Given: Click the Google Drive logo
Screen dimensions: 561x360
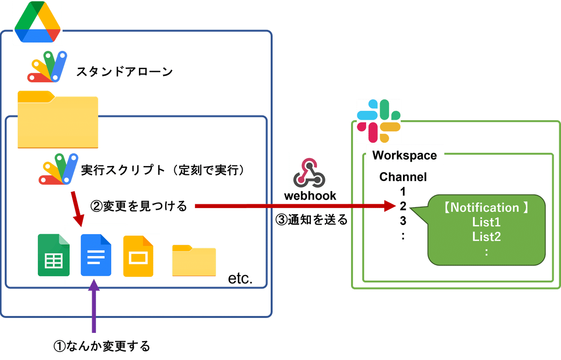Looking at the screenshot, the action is pos(37,22).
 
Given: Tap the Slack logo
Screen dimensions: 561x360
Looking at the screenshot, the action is pos(378,121).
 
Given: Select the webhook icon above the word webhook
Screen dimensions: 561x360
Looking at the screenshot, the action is pos(309,173).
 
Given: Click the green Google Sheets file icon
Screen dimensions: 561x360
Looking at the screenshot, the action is pos(54,255).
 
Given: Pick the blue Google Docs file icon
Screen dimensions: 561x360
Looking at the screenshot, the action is pos(96,255).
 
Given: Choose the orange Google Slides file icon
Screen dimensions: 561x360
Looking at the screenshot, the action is pos(138,256).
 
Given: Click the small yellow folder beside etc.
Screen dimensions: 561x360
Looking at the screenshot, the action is pos(194,260).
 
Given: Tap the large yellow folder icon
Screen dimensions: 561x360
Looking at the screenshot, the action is pos(58,120).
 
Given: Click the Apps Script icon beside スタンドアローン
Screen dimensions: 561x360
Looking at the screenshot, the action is pos(47,67).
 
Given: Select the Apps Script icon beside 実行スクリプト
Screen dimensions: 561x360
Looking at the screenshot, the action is pos(58,169).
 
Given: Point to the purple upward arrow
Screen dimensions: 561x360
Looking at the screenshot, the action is pos(94,306).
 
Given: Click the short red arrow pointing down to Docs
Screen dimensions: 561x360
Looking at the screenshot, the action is pos(78,209).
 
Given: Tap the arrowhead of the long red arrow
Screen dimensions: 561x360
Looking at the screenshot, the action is pos(390,206).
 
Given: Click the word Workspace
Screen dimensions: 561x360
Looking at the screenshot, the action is pos(404,155).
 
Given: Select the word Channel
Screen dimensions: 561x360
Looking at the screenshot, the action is pos(403,177).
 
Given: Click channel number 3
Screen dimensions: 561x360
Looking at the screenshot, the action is pos(403,221).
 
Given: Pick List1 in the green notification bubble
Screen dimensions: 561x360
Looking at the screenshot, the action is pos(486,222).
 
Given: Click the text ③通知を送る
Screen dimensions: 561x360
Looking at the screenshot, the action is pos(311,219).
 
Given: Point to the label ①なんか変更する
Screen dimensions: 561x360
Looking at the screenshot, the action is pos(102,346).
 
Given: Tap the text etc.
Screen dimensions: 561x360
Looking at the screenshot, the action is pos(240,278).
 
